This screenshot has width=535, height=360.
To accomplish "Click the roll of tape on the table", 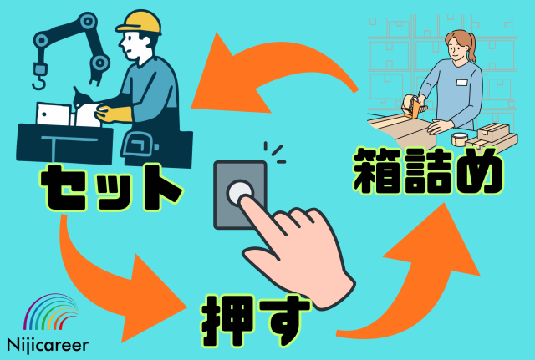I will [x=459, y=139].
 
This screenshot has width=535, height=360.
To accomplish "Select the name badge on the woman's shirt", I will [x=460, y=81].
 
